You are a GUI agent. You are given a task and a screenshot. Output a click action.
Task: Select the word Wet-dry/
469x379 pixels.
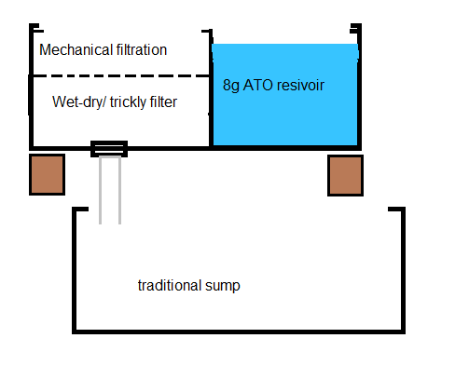(x=79, y=102)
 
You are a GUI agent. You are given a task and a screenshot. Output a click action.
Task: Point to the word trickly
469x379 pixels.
(x=128, y=102)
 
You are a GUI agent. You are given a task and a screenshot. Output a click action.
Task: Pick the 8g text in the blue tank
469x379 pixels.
(x=231, y=86)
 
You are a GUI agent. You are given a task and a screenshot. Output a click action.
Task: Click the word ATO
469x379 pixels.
(x=257, y=85)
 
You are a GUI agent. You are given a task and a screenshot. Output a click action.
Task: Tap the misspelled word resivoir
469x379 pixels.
(x=300, y=85)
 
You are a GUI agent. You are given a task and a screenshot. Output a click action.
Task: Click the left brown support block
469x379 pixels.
(x=47, y=175)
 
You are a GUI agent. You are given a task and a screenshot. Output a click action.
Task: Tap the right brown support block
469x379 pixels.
(x=345, y=176)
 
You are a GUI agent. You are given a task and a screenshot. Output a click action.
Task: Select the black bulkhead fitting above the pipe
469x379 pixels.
(x=109, y=149)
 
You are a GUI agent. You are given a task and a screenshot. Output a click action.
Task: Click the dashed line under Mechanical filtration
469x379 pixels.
(x=120, y=75)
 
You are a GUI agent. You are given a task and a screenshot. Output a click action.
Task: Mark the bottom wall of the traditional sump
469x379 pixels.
(x=239, y=332)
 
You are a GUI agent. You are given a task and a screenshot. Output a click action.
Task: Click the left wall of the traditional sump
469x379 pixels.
(x=75, y=271)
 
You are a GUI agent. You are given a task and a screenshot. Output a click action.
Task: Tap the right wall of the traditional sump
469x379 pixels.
(x=403, y=271)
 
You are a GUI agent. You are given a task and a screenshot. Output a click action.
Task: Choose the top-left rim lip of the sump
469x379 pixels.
(x=80, y=209)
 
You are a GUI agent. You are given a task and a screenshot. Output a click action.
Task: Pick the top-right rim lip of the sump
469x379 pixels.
(x=396, y=209)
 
